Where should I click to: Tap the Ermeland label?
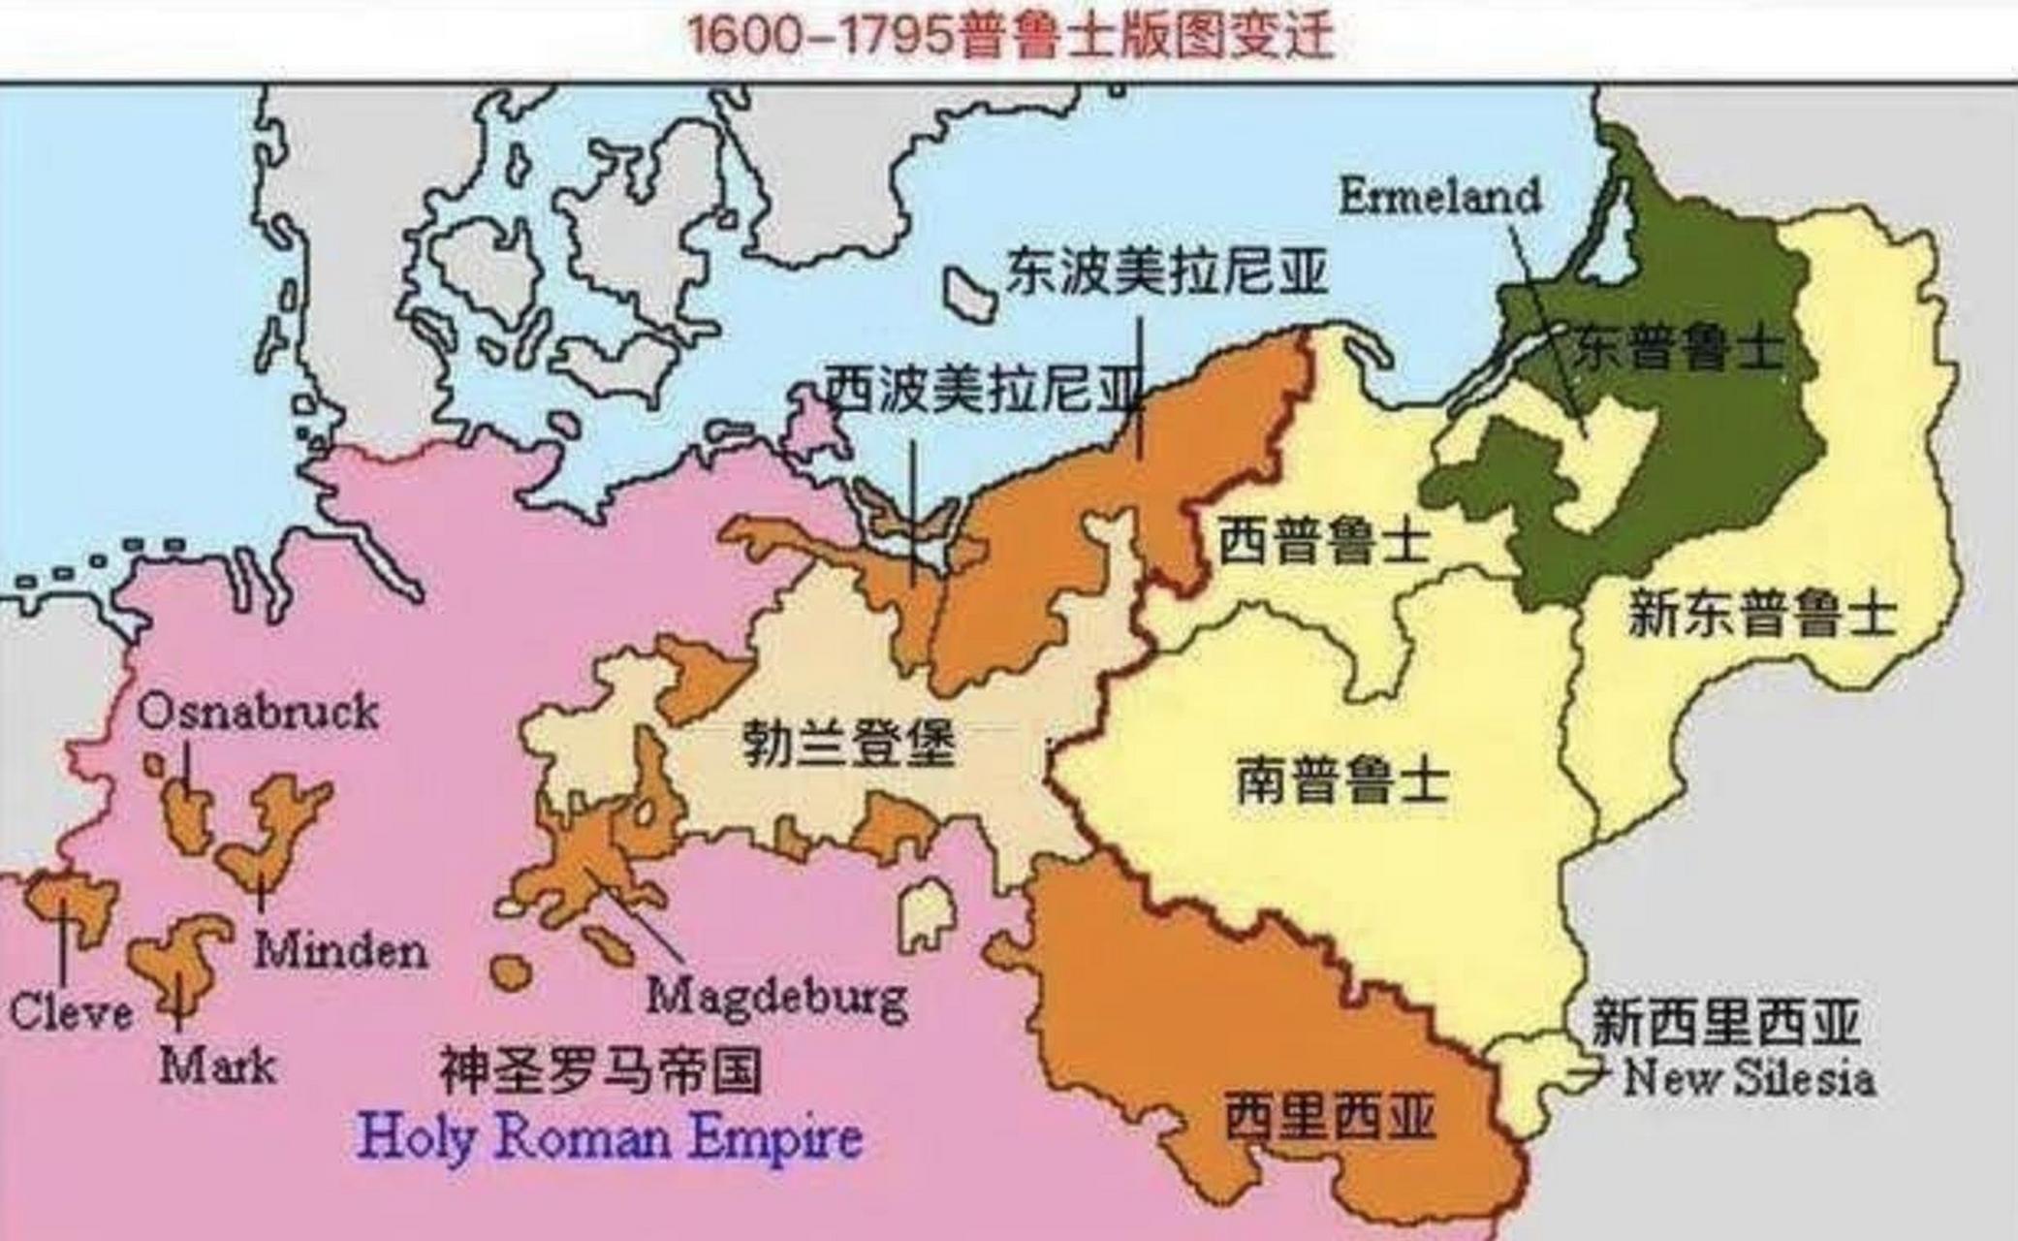click(x=1439, y=197)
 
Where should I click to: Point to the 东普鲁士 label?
click(x=1678, y=345)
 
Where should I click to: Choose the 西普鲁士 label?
click(x=1324, y=540)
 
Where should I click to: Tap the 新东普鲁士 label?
click(x=1762, y=614)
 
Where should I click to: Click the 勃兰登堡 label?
click(x=849, y=745)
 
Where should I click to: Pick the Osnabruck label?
click(x=257, y=713)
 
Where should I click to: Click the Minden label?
click(x=341, y=951)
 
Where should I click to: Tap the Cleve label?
click(x=71, y=1013)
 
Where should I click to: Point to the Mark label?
click(x=218, y=1066)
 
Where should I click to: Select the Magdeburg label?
click(x=777, y=997)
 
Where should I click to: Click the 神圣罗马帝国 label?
click(x=601, y=1070)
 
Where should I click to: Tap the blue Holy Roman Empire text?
click(x=610, y=1136)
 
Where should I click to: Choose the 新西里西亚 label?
click(x=1725, y=1023)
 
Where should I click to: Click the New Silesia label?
click(x=1750, y=1078)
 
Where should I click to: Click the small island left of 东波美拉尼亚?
click(x=970, y=294)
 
